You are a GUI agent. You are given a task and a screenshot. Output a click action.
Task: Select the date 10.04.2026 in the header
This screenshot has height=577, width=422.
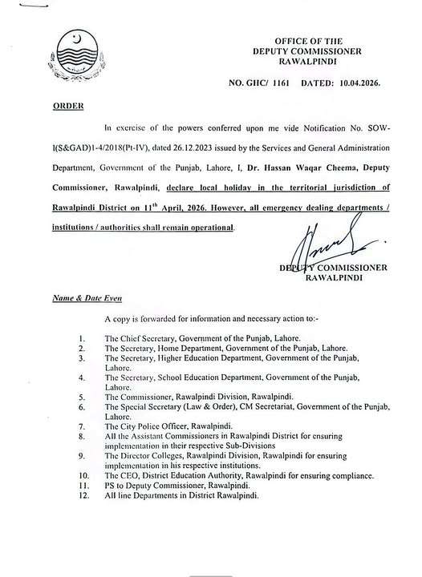click(359, 83)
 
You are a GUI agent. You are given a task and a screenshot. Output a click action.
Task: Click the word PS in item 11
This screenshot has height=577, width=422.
click(111, 487)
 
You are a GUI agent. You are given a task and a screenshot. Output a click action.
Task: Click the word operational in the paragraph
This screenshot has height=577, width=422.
click(209, 229)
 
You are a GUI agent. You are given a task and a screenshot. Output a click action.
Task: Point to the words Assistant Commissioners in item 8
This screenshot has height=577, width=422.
click(177, 436)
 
